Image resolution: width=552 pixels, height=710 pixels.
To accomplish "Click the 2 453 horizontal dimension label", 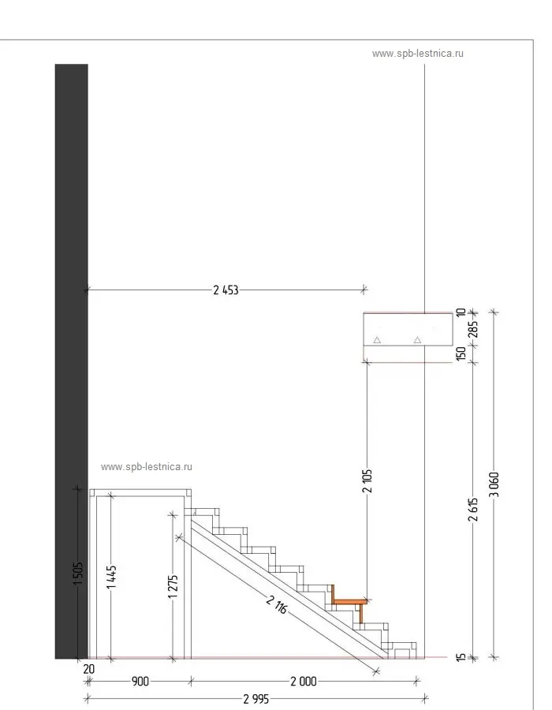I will tap(226, 290).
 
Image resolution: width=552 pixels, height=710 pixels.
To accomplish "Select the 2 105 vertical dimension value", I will tap(367, 481).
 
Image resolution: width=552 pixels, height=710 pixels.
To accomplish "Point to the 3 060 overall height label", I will tap(494, 490).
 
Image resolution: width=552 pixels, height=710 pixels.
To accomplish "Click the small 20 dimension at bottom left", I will tap(88, 669).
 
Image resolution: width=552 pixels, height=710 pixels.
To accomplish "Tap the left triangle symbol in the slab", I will tap(377, 340).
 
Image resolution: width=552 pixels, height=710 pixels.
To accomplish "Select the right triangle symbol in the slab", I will tap(418, 340).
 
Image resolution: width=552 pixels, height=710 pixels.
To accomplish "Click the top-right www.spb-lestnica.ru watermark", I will tap(418, 54).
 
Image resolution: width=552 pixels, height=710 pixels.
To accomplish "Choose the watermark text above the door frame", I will tap(147, 466).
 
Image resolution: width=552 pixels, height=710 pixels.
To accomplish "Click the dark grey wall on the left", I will tap(71, 355).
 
